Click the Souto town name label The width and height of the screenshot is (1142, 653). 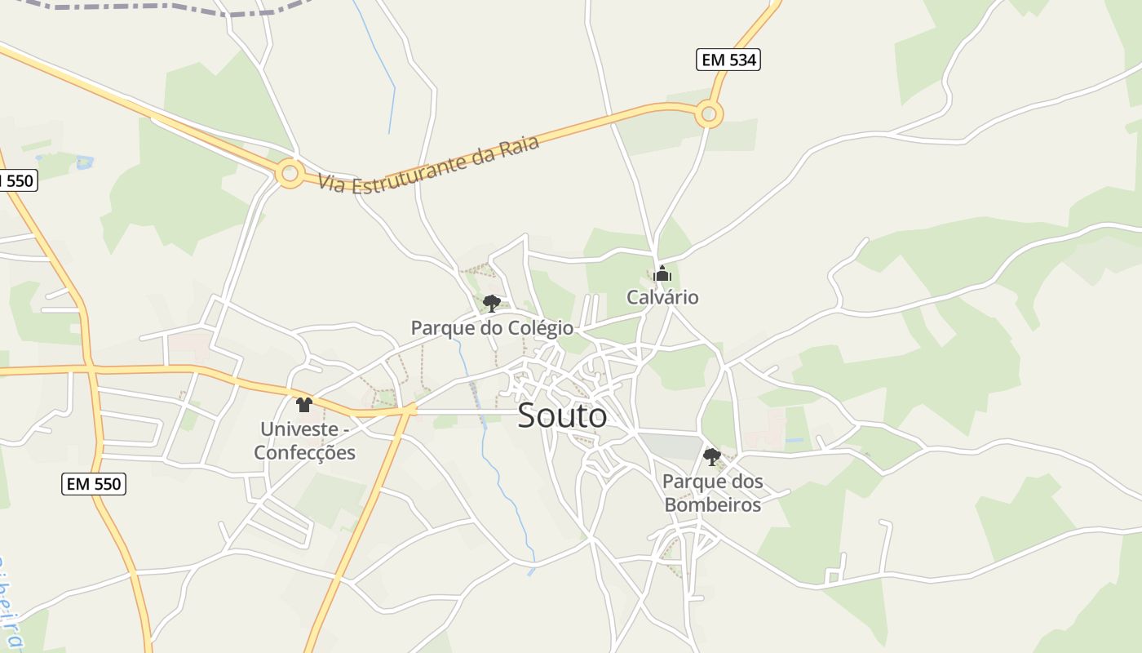pos(562,415)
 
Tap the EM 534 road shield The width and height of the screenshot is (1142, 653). pos(728,60)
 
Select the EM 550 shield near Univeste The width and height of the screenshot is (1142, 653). pos(94,484)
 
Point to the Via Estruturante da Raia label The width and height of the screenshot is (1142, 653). pos(428,164)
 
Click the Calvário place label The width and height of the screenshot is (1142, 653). pos(662,297)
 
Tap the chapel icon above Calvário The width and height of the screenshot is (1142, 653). pos(662,273)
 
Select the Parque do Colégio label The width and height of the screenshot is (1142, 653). pos(492,328)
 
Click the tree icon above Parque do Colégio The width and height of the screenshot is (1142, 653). pos(491,304)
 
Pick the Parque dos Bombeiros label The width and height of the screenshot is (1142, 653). pos(713,493)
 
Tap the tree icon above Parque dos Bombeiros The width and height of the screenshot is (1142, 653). pos(712,456)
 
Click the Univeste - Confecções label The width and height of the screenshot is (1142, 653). pos(305,441)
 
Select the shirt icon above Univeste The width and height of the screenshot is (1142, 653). pos(304,404)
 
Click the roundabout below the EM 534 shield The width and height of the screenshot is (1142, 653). pos(709,114)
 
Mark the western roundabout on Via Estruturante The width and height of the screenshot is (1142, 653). pos(289,173)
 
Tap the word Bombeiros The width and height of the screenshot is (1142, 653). pos(713,505)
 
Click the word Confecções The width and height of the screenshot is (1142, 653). pos(305,453)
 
